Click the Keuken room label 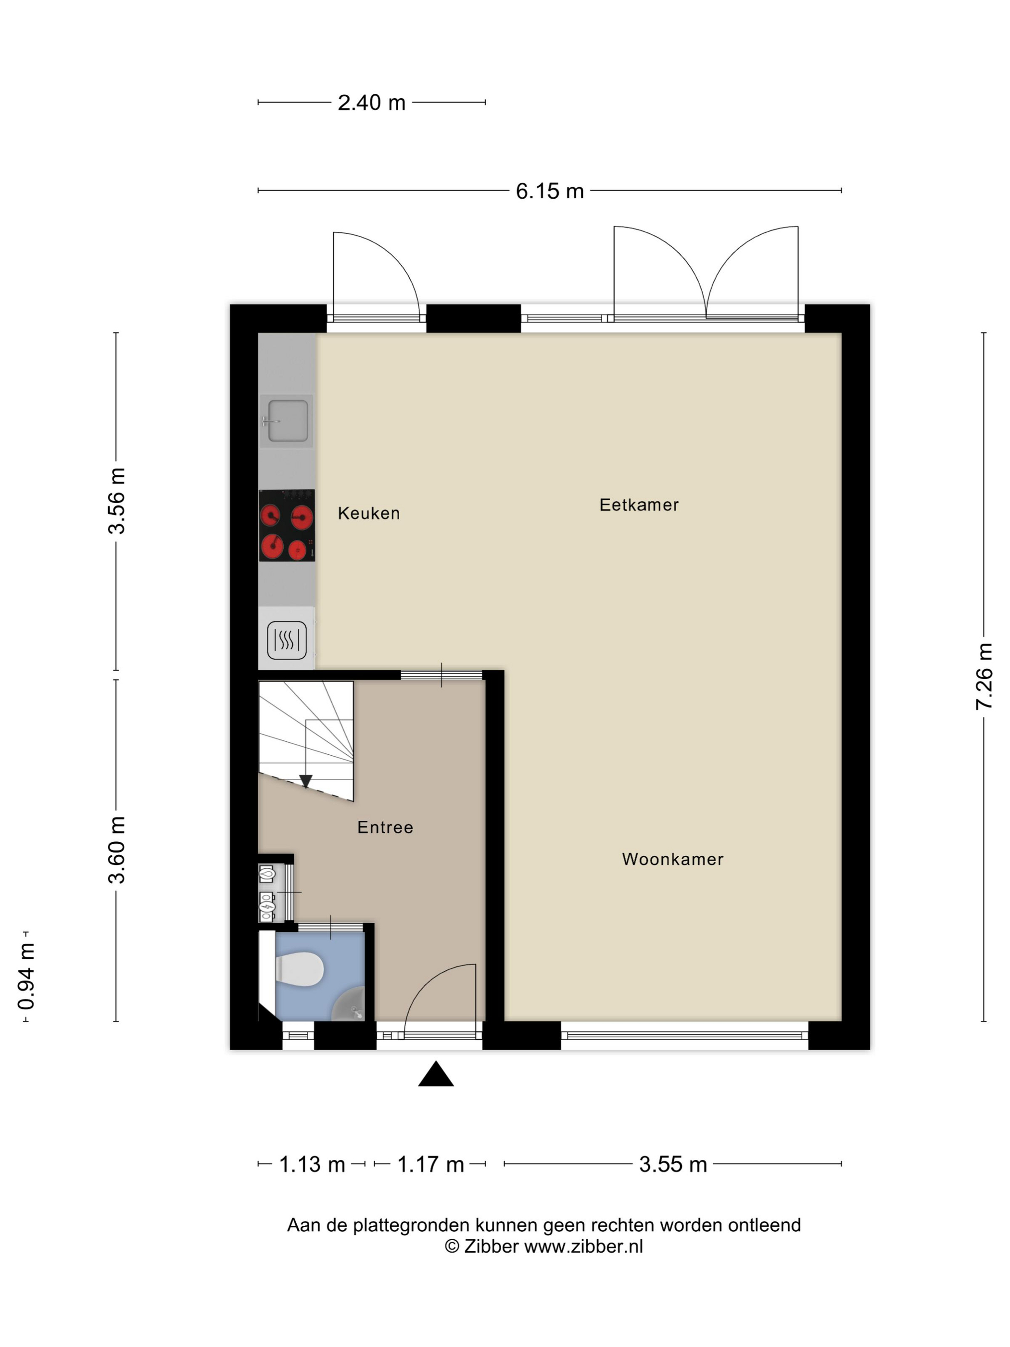click(x=368, y=513)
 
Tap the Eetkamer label click(x=639, y=505)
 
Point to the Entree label click(x=385, y=827)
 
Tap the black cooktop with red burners click(x=287, y=525)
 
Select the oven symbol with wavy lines click(x=287, y=640)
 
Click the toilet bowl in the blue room click(x=299, y=969)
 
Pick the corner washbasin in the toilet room click(x=350, y=1005)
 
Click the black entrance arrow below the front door click(x=436, y=1074)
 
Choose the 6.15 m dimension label click(x=550, y=191)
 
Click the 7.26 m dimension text click(x=984, y=676)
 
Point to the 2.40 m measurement click(x=371, y=103)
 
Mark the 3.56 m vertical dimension click(x=116, y=501)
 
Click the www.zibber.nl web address click(x=583, y=1246)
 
